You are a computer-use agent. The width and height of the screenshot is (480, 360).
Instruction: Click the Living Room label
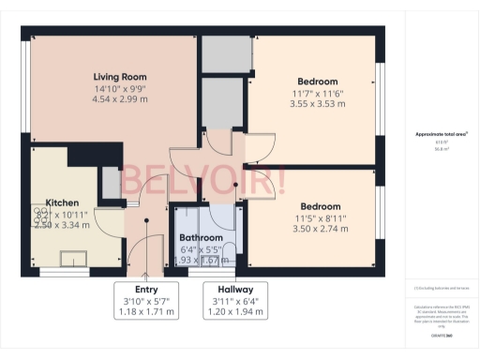pyautogui.click(x=120, y=76)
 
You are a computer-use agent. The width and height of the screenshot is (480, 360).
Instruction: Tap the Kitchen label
pyautogui.click(x=62, y=202)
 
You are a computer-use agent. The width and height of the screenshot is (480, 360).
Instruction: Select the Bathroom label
pyautogui.click(x=201, y=238)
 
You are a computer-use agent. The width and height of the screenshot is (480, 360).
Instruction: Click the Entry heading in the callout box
pyautogui.click(x=145, y=289)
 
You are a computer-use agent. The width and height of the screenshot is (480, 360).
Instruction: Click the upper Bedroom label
pyautogui.click(x=318, y=82)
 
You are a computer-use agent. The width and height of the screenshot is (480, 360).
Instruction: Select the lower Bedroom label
pyautogui.click(x=321, y=206)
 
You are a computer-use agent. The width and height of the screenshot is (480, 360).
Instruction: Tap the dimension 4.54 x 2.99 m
pyautogui.click(x=120, y=98)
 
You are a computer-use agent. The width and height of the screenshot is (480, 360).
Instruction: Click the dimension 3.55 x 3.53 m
pyautogui.click(x=318, y=104)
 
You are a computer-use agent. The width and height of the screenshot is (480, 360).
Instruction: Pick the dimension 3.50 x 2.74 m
pyautogui.click(x=321, y=229)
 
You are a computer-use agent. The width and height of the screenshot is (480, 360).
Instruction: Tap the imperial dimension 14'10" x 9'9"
pyautogui.click(x=120, y=88)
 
